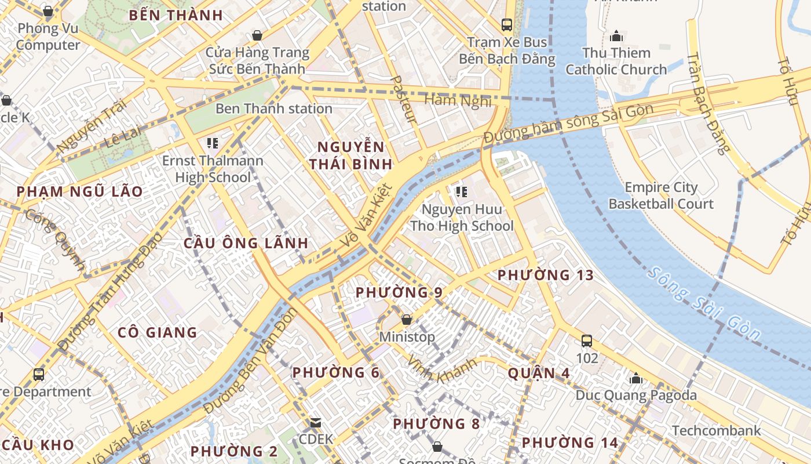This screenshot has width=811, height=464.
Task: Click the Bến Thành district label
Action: (x=176, y=16)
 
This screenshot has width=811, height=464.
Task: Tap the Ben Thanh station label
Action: (x=273, y=108)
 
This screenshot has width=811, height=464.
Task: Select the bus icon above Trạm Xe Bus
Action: (x=507, y=24)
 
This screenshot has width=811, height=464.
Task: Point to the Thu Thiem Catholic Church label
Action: (x=616, y=61)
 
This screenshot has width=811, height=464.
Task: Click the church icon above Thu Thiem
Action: (x=616, y=36)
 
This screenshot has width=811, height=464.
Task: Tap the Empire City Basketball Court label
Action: (x=661, y=195)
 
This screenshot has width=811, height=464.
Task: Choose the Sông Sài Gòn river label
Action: (x=704, y=303)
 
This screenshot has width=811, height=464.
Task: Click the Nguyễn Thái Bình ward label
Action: (x=351, y=155)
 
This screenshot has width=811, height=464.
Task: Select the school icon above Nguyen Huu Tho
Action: (x=461, y=191)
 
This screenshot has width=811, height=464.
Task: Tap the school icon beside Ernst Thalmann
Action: (x=212, y=143)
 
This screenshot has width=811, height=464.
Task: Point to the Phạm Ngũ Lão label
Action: (x=79, y=192)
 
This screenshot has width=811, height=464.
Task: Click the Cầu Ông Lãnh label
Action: (x=246, y=243)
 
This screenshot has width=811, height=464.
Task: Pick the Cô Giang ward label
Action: (x=158, y=332)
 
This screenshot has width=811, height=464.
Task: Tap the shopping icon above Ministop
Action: (x=407, y=320)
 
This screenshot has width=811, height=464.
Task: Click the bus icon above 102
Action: (x=587, y=340)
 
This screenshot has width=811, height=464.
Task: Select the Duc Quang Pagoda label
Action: (x=636, y=395)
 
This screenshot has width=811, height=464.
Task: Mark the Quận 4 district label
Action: (x=539, y=373)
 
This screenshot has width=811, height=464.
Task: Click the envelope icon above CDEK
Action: (x=316, y=423)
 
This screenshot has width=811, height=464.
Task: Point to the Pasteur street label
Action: (x=404, y=99)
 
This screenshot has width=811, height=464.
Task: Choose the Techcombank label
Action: (x=716, y=430)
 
